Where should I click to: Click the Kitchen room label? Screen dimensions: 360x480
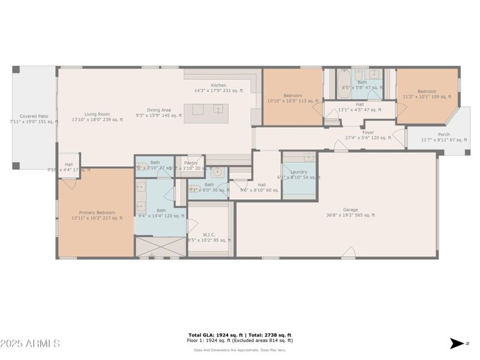click(x=218, y=85)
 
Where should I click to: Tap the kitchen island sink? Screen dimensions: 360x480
click(x=218, y=109)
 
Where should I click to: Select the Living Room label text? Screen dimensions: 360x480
click(x=97, y=114)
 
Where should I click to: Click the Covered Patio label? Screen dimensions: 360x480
click(x=34, y=116)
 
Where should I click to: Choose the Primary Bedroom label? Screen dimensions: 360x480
click(x=97, y=212)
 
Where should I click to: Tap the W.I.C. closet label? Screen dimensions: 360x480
click(x=209, y=235)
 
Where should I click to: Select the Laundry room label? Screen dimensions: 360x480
click(x=299, y=172)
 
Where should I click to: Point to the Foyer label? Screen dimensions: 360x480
click(x=368, y=133)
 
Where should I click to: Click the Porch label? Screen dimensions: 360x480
click(x=443, y=134)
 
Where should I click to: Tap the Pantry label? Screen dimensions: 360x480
click(x=191, y=163)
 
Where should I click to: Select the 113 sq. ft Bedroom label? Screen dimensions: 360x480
click(x=293, y=96)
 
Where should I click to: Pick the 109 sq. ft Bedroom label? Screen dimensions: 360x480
click(x=427, y=92)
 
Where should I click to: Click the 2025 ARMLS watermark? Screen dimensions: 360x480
click(x=30, y=344)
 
